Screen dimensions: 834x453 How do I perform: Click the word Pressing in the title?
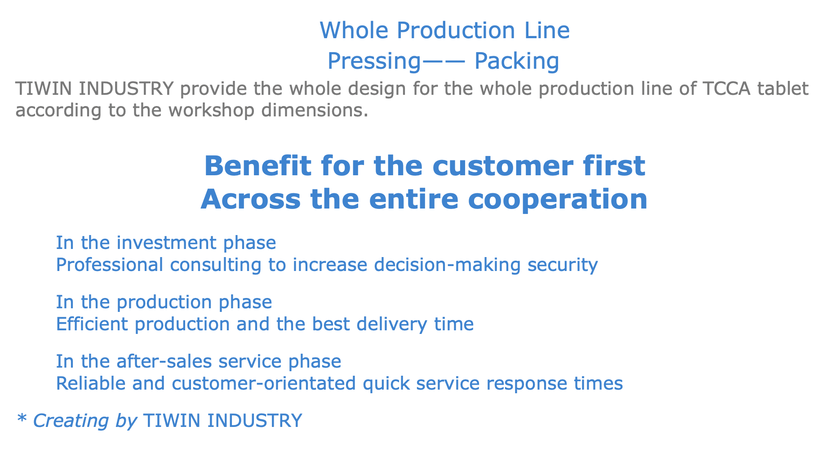click(373, 61)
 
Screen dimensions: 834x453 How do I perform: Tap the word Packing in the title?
click(517, 61)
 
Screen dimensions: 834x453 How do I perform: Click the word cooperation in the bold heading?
click(558, 200)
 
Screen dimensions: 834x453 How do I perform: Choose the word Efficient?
click(92, 324)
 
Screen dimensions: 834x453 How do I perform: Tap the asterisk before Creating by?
click(22, 419)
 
